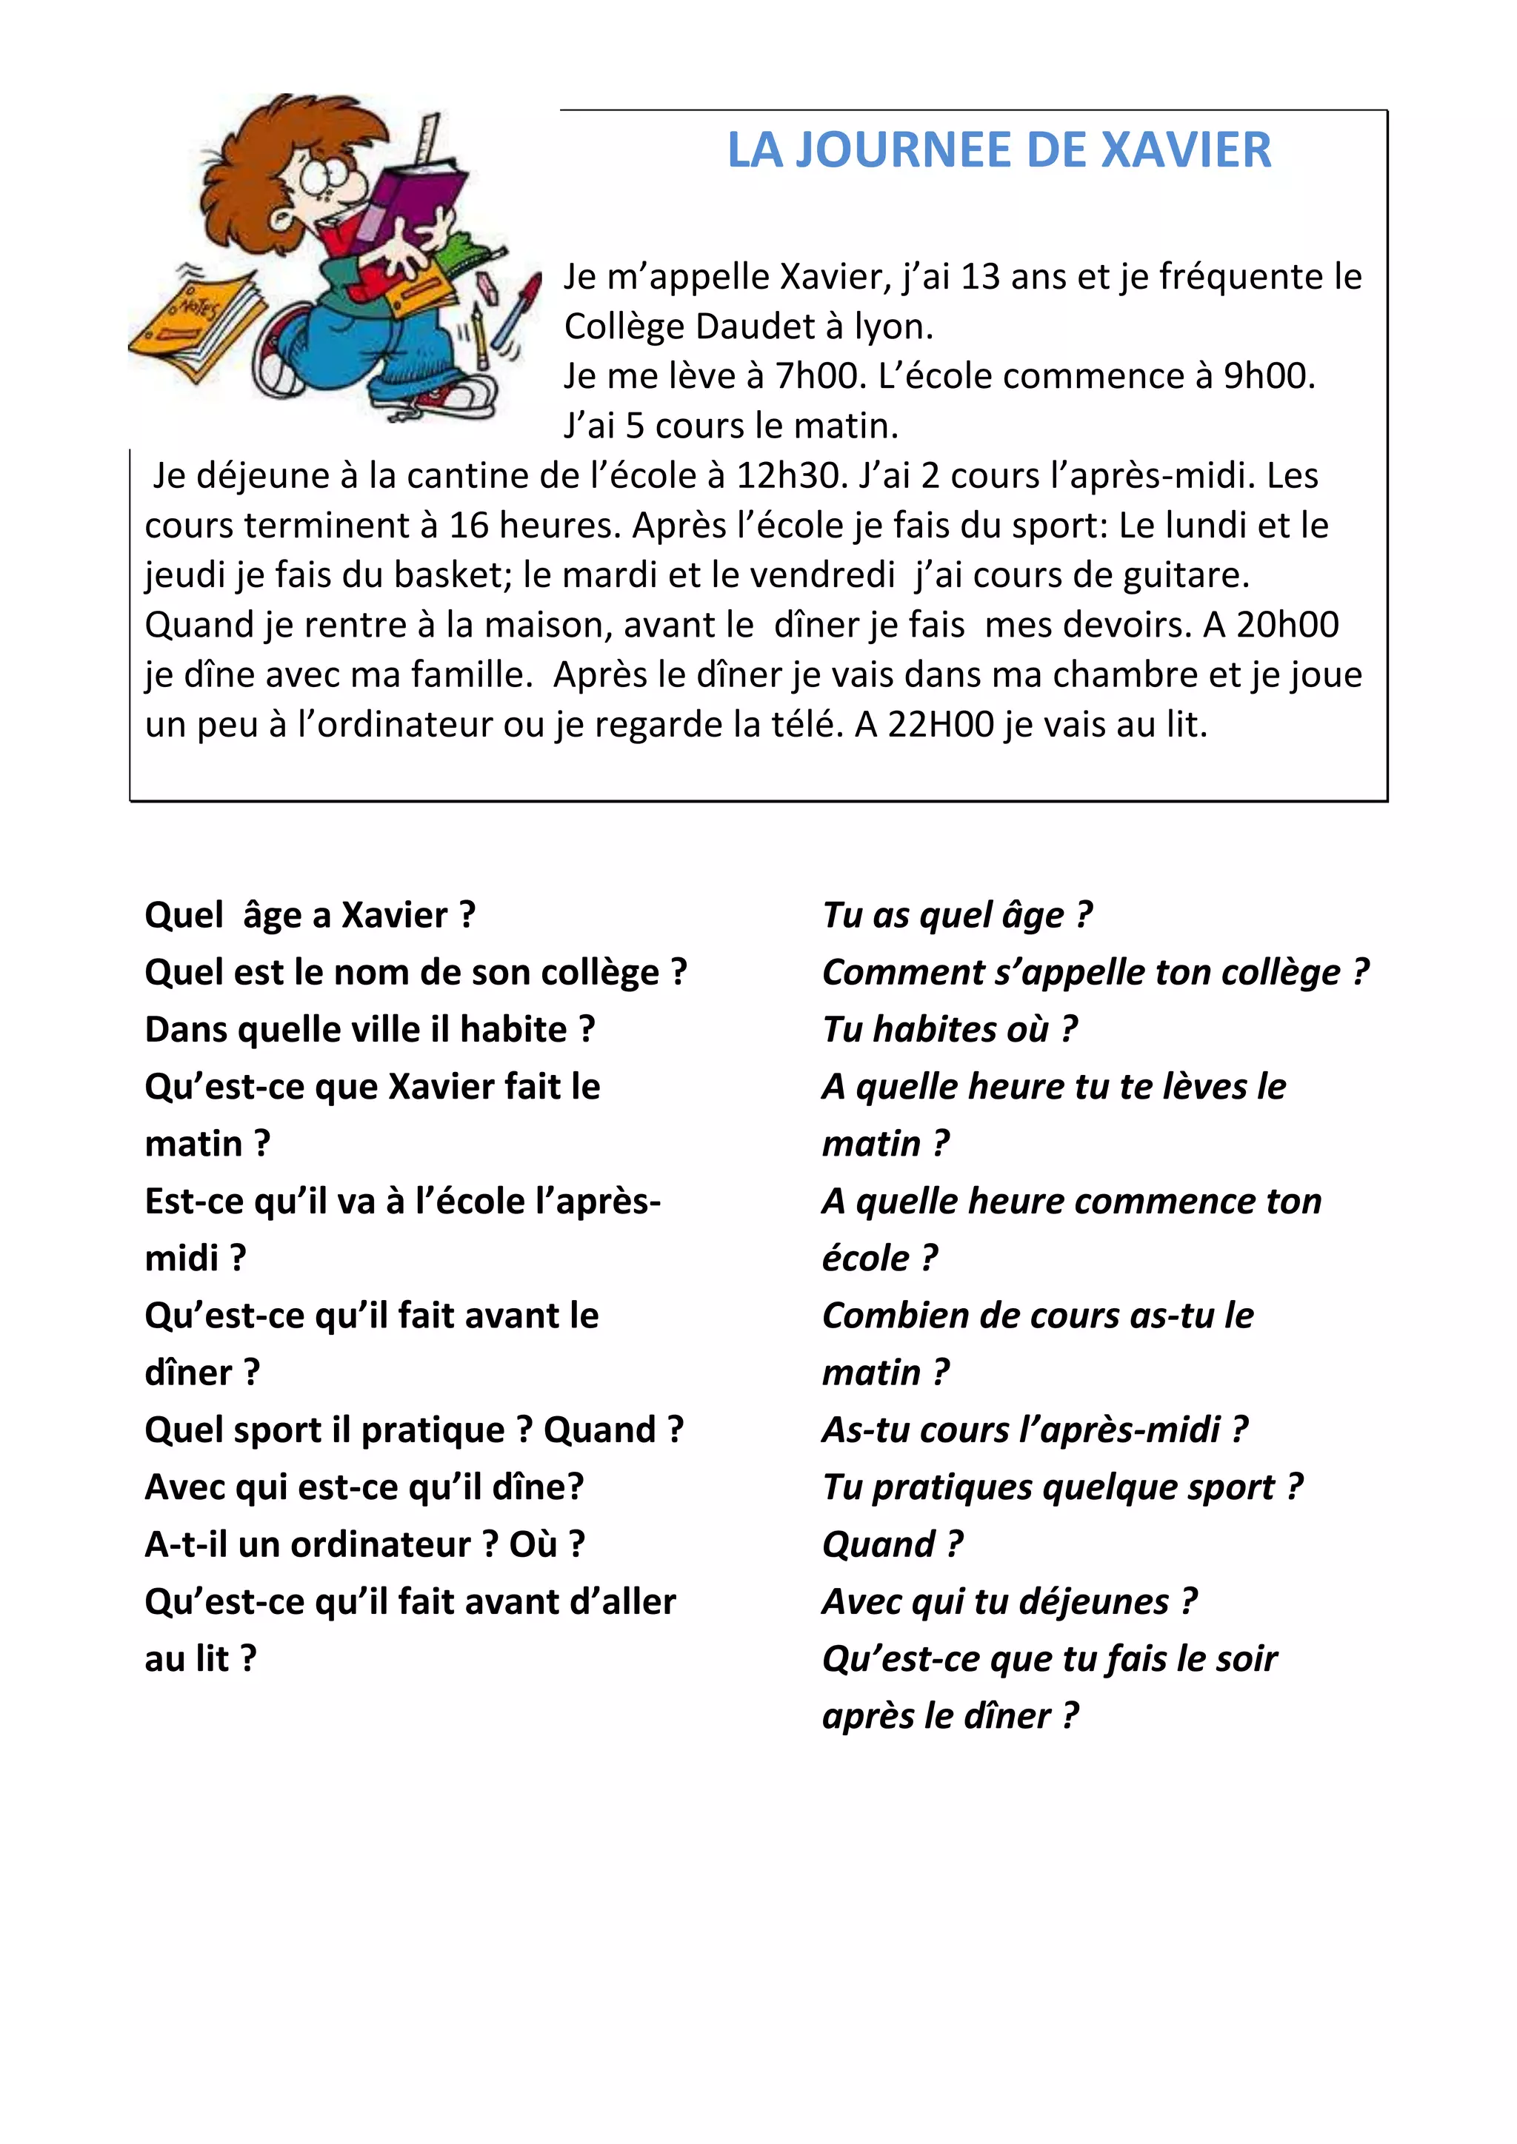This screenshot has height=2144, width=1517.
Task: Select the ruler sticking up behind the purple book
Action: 429,140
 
